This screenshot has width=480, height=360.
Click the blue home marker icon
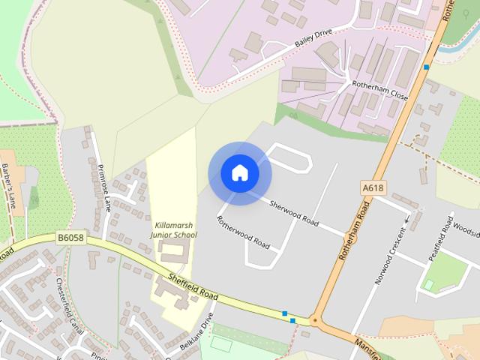tap(240, 173)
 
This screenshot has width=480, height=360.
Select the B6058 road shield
tap(69, 238)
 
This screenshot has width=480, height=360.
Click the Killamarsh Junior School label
tap(175, 229)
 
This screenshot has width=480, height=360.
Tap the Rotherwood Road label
tap(243, 232)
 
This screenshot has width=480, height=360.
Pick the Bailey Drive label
tap(313, 40)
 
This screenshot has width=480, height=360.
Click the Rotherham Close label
tap(379, 91)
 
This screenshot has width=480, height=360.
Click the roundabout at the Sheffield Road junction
tap(316, 321)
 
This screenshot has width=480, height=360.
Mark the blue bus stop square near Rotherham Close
tap(426, 67)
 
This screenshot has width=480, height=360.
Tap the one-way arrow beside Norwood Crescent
tap(408, 220)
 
